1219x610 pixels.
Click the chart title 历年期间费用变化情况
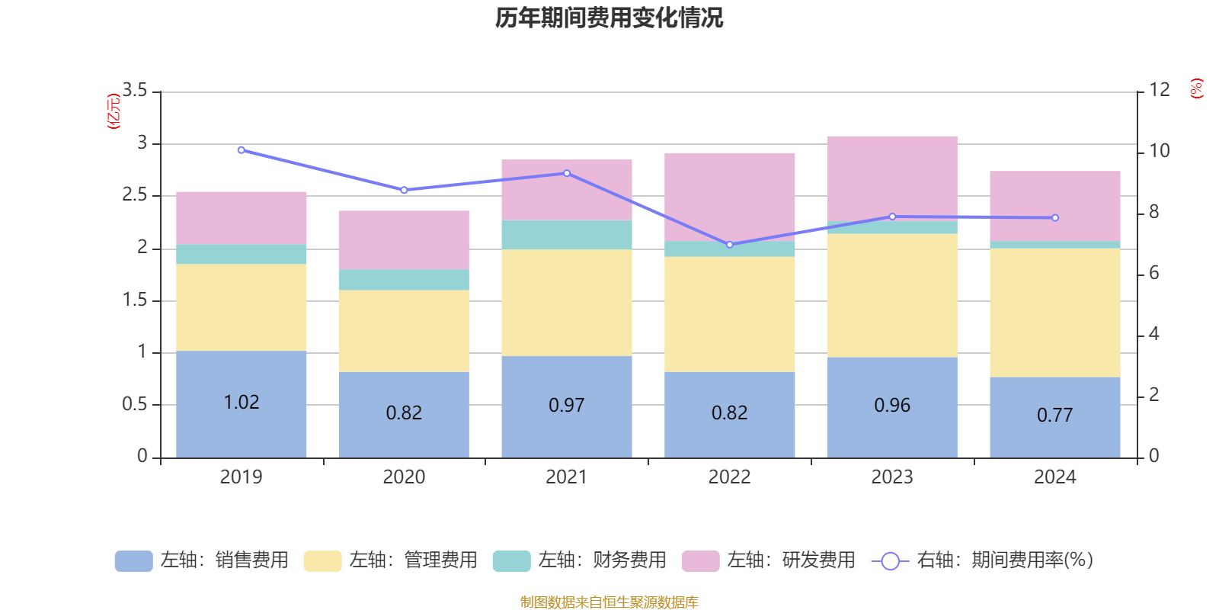tap(609, 18)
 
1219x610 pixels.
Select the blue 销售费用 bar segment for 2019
tap(241, 427)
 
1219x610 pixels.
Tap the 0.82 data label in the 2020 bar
tap(404, 413)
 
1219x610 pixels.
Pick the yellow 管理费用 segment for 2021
tap(566, 303)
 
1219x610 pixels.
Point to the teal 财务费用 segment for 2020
tap(404, 280)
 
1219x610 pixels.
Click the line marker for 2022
tap(729, 245)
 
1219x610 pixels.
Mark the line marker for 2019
tap(241, 150)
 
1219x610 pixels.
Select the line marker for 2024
tap(1054, 218)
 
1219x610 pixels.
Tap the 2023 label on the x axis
tap(891, 477)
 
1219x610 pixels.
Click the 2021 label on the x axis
tap(566, 477)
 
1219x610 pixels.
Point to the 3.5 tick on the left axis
tap(135, 91)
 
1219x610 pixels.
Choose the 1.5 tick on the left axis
tap(135, 300)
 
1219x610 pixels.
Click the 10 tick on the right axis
tap(1159, 151)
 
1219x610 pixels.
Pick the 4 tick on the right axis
tap(1153, 334)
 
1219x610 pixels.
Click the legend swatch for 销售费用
tap(133, 561)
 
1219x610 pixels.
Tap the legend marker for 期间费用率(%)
tap(890, 561)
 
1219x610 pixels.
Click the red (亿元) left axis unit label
tap(114, 111)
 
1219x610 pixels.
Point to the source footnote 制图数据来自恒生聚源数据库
tap(609, 602)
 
